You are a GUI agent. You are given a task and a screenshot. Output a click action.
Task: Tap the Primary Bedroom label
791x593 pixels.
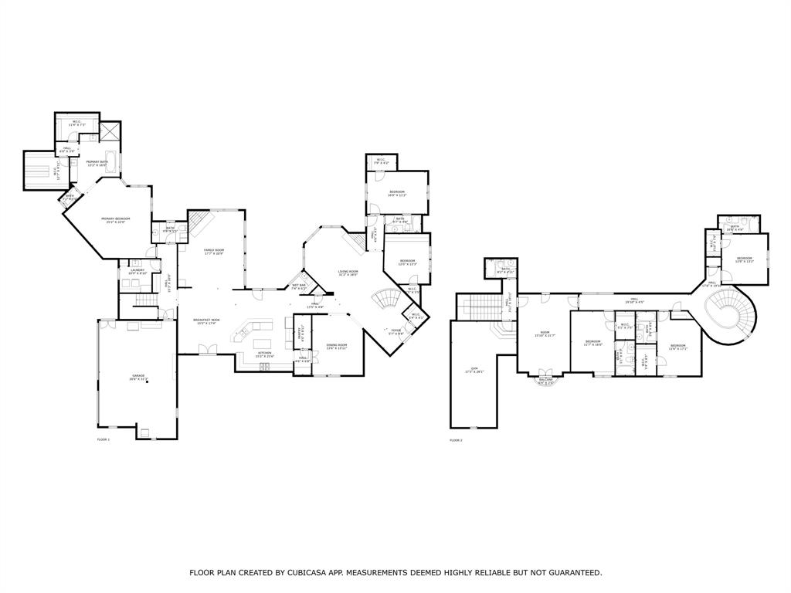(115, 220)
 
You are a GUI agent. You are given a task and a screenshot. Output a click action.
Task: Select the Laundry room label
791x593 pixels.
(137, 271)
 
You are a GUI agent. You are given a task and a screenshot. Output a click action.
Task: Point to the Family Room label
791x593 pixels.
(213, 252)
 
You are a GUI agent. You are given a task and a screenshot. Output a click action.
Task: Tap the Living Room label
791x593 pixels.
(348, 273)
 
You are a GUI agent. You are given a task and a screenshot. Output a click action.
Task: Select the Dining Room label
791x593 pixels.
(336, 347)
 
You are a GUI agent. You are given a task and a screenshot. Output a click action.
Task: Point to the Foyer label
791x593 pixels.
(395, 331)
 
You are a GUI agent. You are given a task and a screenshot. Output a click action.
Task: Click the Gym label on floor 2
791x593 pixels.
(468, 371)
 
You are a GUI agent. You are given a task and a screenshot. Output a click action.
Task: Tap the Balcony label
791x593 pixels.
(545, 381)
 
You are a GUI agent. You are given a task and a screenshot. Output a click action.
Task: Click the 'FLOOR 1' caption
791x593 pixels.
(103, 439)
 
